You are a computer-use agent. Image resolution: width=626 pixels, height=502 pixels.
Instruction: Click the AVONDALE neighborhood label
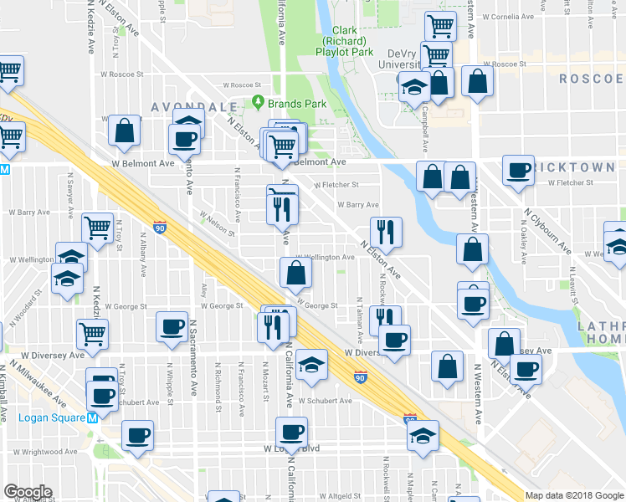click(183, 107)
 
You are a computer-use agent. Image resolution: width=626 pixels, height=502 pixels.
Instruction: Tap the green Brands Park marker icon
click(259, 104)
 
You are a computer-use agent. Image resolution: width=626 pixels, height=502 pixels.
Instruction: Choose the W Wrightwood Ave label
click(43, 452)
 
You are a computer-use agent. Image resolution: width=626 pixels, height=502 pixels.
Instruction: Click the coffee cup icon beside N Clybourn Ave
click(518, 171)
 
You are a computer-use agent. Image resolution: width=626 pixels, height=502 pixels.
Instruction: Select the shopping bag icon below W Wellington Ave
click(295, 272)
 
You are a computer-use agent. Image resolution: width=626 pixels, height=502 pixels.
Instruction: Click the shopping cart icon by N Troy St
click(98, 226)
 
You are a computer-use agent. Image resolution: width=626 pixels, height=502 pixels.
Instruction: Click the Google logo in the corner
click(28, 492)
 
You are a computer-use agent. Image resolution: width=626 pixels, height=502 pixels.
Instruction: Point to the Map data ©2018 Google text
click(575, 495)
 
